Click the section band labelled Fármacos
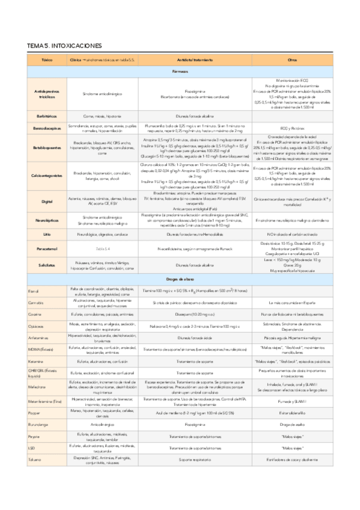[179, 71]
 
